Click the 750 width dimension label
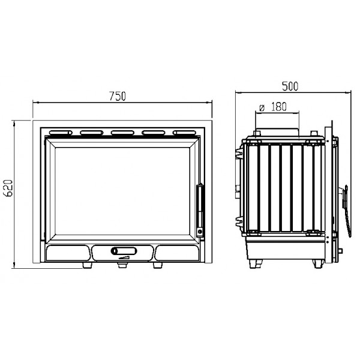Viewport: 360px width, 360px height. click(x=118, y=96)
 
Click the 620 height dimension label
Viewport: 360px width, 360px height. click(x=9, y=188)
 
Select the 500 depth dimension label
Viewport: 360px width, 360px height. click(x=290, y=86)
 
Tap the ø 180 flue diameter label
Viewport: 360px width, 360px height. click(x=273, y=107)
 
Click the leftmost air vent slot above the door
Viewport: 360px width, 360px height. click(x=61, y=133)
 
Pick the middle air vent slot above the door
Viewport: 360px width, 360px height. click(x=122, y=133)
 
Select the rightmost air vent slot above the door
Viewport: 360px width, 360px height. click(x=184, y=133)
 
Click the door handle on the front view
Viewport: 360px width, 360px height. click(x=200, y=211)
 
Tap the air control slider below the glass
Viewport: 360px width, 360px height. click(x=124, y=251)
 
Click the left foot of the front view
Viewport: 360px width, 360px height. click(x=87, y=265)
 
